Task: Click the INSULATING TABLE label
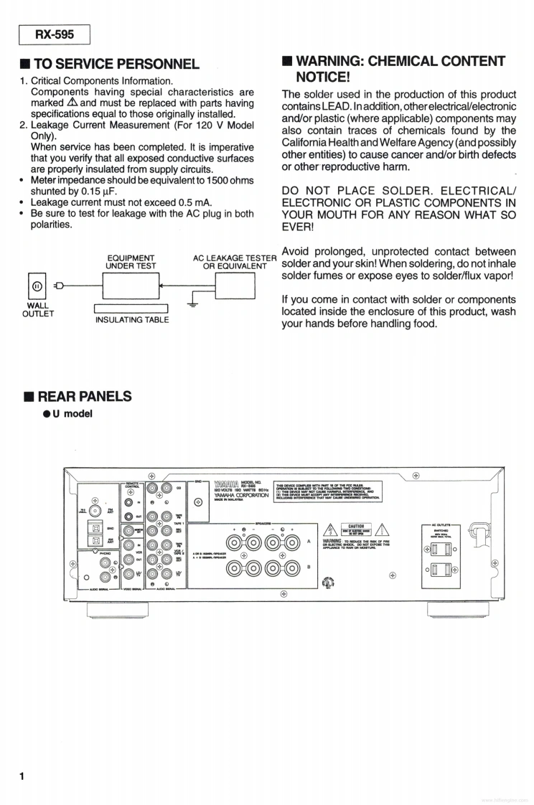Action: tap(132, 319)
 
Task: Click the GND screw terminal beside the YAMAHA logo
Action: tap(199, 502)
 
